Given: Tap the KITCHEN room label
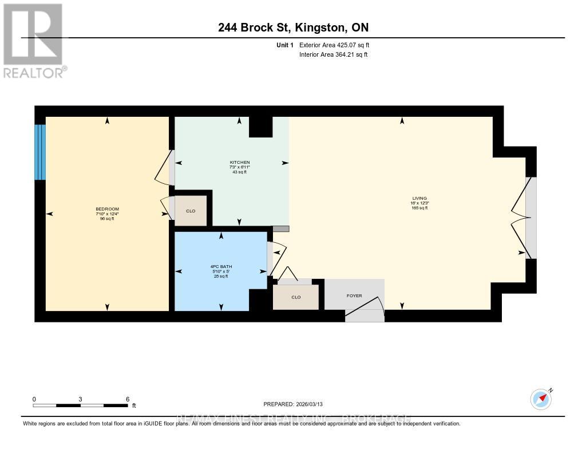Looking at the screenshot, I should point(239,163).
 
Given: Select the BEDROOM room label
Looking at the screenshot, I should point(107,209).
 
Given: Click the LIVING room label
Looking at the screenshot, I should point(423,198).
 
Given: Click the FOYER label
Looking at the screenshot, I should point(354,296).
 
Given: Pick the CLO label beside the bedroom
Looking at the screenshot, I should point(191,211).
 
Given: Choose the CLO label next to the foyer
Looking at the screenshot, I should point(295,297).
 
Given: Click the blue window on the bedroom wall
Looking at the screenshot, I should point(39,152).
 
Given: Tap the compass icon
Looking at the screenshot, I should point(540,399).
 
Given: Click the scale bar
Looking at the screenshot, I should point(80,405).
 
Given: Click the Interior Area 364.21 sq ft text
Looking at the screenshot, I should point(333,55).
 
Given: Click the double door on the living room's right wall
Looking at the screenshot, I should point(522,218).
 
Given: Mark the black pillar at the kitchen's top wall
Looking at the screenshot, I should point(260,127).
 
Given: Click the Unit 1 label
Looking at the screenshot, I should point(284,45).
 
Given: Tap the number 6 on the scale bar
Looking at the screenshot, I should point(127,399).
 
